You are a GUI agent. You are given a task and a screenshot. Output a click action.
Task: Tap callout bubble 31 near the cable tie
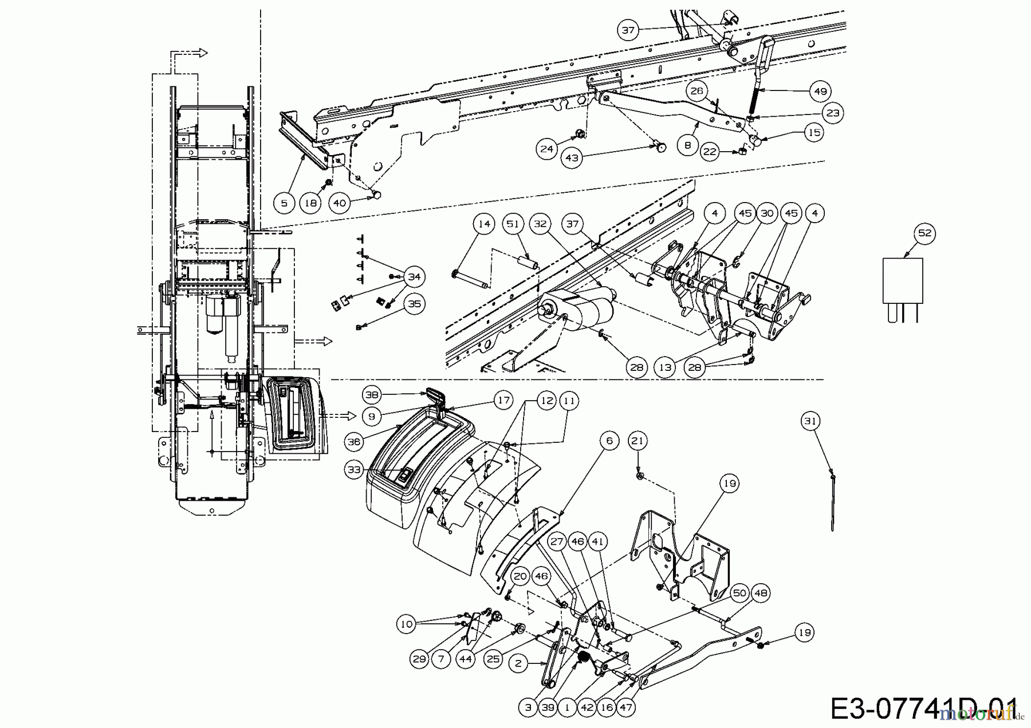(810, 421)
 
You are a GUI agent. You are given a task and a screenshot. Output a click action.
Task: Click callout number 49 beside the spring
(821, 91)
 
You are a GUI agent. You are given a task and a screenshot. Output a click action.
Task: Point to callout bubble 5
(285, 203)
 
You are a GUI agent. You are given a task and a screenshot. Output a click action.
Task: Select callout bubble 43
(572, 158)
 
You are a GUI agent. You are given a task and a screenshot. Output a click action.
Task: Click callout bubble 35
(414, 304)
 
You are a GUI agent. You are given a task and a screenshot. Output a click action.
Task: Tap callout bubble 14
(485, 224)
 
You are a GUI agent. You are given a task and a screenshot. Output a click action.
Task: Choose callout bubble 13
(665, 367)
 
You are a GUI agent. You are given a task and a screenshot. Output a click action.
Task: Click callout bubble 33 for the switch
(355, 470)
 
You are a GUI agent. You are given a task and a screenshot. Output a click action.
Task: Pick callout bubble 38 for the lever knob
(372, 394)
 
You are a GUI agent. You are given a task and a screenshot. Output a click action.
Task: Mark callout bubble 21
(638, 441)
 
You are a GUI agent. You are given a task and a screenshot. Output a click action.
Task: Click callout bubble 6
(609, 440)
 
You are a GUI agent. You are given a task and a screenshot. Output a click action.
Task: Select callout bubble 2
(518, 664)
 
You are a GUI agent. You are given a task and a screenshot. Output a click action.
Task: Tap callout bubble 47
(626, 707)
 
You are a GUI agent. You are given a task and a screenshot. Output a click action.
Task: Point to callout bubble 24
(547, 149)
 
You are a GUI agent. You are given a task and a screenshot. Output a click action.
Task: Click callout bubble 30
(767, 213)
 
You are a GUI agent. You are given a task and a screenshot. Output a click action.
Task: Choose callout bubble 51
(513, 224)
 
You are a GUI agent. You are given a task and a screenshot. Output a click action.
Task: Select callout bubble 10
(406, 624)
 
